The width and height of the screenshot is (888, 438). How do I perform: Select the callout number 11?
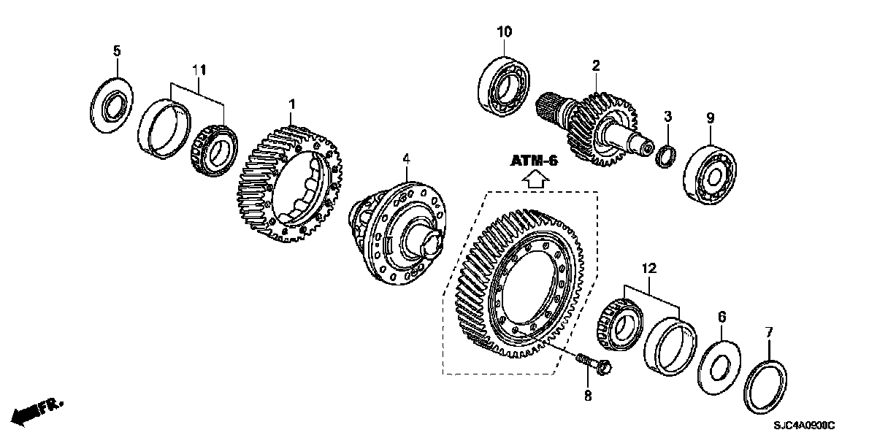[199, 70]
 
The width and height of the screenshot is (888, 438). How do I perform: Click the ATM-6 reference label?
[534, 161]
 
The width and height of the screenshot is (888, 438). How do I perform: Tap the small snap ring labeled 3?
[666, 155]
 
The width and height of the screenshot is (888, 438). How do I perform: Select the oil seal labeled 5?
[115, 105]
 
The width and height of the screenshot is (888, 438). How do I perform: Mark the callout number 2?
[596, 66]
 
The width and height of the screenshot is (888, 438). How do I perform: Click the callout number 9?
[709, 117]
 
